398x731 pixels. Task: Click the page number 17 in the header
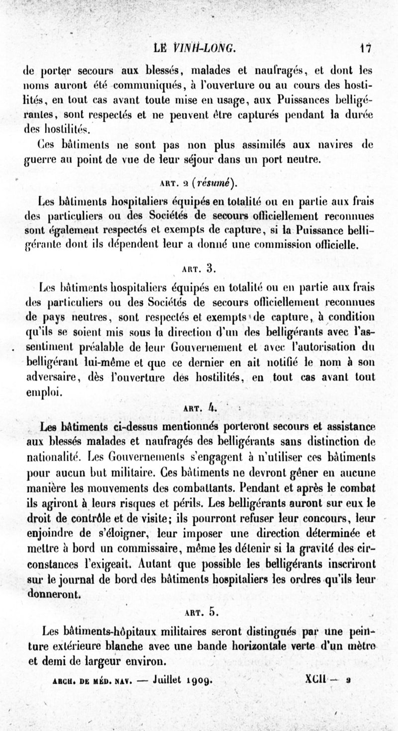[x=367, y=48]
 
